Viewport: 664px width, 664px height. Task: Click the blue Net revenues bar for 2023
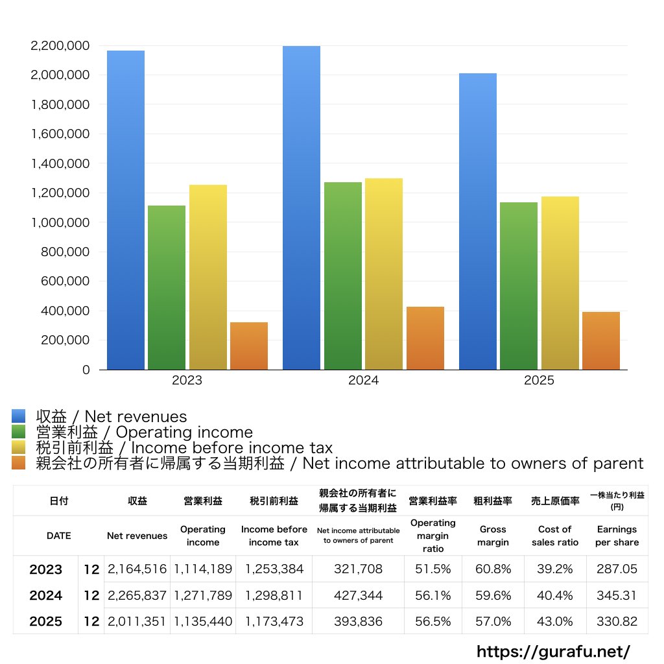pyautogui.click(x=126, y=210)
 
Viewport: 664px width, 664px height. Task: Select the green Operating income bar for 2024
pyautogui.click(x=343, y=276)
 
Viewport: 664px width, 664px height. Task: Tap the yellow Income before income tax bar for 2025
pyautogui.click(x=560, y=283)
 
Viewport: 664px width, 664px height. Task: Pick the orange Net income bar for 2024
pyautogui.click(x=425, y=338)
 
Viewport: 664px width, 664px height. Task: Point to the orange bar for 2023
pyautogui.click(x=248, y=346)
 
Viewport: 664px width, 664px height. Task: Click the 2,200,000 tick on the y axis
pyautogui.click(x=60, y=46)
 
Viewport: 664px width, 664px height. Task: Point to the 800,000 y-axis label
pyautogui.click(x=64, y=252)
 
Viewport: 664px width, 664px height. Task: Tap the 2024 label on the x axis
pyautogui.click(x=363, y=381)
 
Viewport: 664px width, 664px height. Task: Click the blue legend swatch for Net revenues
pyautogui.click(x=18, y=416)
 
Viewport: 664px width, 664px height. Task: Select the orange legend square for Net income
pyautogui.click(x=18, y=463)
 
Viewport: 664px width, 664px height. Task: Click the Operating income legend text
pyautogui.click(x=144, y=433)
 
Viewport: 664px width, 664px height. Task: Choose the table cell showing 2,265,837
pyautogui.click(x=137, y=595)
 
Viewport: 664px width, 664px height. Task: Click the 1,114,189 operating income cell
pyautogui.click(x=203, y=569)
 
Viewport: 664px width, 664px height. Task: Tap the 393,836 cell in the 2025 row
pyautogui.click(x=358, y=621)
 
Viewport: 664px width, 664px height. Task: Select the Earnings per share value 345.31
pyautogui.click(x=617, y=595)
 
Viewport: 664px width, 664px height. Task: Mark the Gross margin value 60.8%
pyautogui.click(x=493, y=569)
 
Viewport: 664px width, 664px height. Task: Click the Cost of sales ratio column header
pyautogui.click(x=554, y=536)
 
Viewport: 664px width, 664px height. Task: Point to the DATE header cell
pyautogui.click(x=58, y=536)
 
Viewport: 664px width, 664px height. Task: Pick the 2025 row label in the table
pyautogui.click(x=46, y=621)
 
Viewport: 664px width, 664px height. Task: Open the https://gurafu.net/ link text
pyautogui.click(x=553, y=651)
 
